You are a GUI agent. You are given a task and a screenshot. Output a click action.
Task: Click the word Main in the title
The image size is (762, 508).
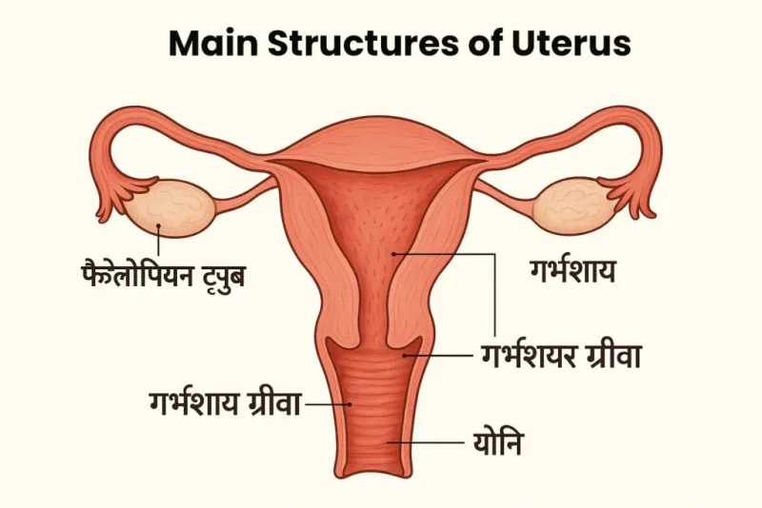click(212, 43)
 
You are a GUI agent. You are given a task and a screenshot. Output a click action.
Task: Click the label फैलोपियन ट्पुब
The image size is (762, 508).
click(163, 275)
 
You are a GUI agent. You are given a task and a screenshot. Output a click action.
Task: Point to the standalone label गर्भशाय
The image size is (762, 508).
click(572, 271)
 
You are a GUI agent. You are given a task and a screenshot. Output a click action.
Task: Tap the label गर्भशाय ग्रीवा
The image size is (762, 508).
click(225, 402)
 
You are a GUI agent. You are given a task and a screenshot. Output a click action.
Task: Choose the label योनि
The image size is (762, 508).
click(497, 442)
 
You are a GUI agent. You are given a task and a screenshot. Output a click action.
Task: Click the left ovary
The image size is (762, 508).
click(169, 207)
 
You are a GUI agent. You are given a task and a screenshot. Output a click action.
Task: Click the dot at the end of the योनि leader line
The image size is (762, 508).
click(388, 442)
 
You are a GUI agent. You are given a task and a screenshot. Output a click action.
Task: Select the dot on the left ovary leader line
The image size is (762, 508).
click(158, 225)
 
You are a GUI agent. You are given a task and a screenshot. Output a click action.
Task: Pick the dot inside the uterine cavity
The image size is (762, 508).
click(394, 253)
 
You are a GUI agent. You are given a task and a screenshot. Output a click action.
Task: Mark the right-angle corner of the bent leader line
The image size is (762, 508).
click(494, 253)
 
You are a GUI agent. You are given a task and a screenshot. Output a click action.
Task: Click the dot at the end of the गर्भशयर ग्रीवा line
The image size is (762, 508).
click(405, 356)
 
